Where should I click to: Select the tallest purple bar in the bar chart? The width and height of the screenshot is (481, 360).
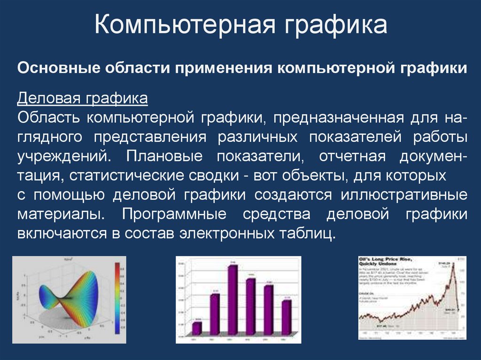click(x=232, y=300)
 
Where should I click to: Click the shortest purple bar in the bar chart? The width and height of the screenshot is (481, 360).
click(x=197, y=328)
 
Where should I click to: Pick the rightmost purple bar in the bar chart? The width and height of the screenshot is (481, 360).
click(x=286, y=317)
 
